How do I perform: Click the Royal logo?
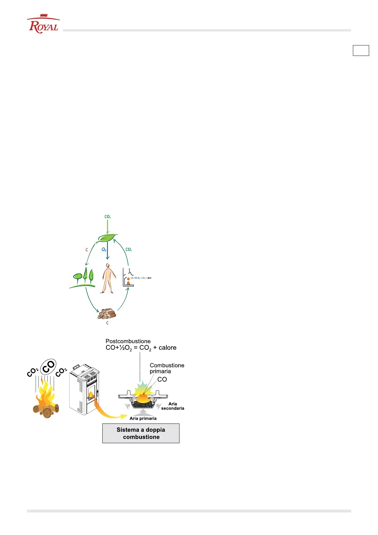(x=44, y=24)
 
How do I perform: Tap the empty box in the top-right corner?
(x=361, y=51)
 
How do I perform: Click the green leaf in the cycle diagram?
(x=107, y=238)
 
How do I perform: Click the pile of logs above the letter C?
(x=107, y=314)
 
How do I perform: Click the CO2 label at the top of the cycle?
(x=107, y=217)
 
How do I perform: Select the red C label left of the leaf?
(x=86, y=250)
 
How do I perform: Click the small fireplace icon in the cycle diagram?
(x=128, y=278)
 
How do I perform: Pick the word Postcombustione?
(x=128, y=341)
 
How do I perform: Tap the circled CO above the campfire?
(x=48, y=367)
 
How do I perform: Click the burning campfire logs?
(x=46, y=403)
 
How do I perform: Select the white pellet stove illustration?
(x=84, y=389)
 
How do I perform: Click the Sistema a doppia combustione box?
(x=141, y=433)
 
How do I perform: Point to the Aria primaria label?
(x=143, y=418)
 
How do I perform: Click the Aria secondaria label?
(x=172, y=406)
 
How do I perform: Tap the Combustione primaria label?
(x=167, y=368)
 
